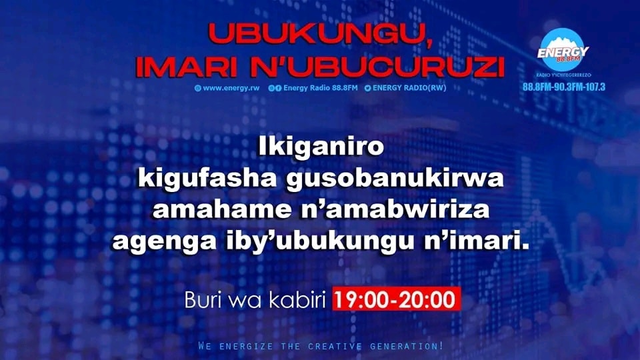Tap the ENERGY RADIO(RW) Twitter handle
click(405, 88)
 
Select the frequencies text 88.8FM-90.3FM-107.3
click(563, 88)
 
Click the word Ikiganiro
click(319, 147)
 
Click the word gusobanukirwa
click(387, 179)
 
